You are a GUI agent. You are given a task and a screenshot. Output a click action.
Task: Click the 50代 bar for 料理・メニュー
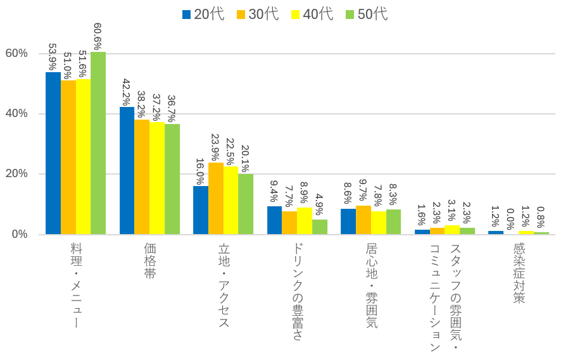(x=98, y=143)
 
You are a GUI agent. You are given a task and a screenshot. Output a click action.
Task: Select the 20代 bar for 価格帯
(x=127, y=171)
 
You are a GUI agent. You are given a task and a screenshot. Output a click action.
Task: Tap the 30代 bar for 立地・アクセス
(x=216, y=199)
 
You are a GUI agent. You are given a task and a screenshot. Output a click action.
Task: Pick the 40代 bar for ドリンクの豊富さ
(x=305, y=221)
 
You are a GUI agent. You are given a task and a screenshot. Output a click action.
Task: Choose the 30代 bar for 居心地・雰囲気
(x=363, y=220)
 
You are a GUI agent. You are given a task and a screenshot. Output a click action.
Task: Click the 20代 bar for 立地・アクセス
(x=201, y=210)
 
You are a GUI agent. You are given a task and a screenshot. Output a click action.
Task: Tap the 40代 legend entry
(x=312, y=15)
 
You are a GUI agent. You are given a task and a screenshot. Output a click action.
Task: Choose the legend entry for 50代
(x=367, y=15)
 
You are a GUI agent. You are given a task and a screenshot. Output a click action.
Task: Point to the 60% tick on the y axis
(x=16, y=53)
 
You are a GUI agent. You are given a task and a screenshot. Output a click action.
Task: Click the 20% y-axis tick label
(x=16, y=174)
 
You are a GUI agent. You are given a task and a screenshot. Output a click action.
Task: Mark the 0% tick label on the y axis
(x=19, y=234)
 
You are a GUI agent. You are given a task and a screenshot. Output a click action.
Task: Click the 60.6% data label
(x=98, y=37)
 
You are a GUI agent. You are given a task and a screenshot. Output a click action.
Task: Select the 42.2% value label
(x=127, y=92)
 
